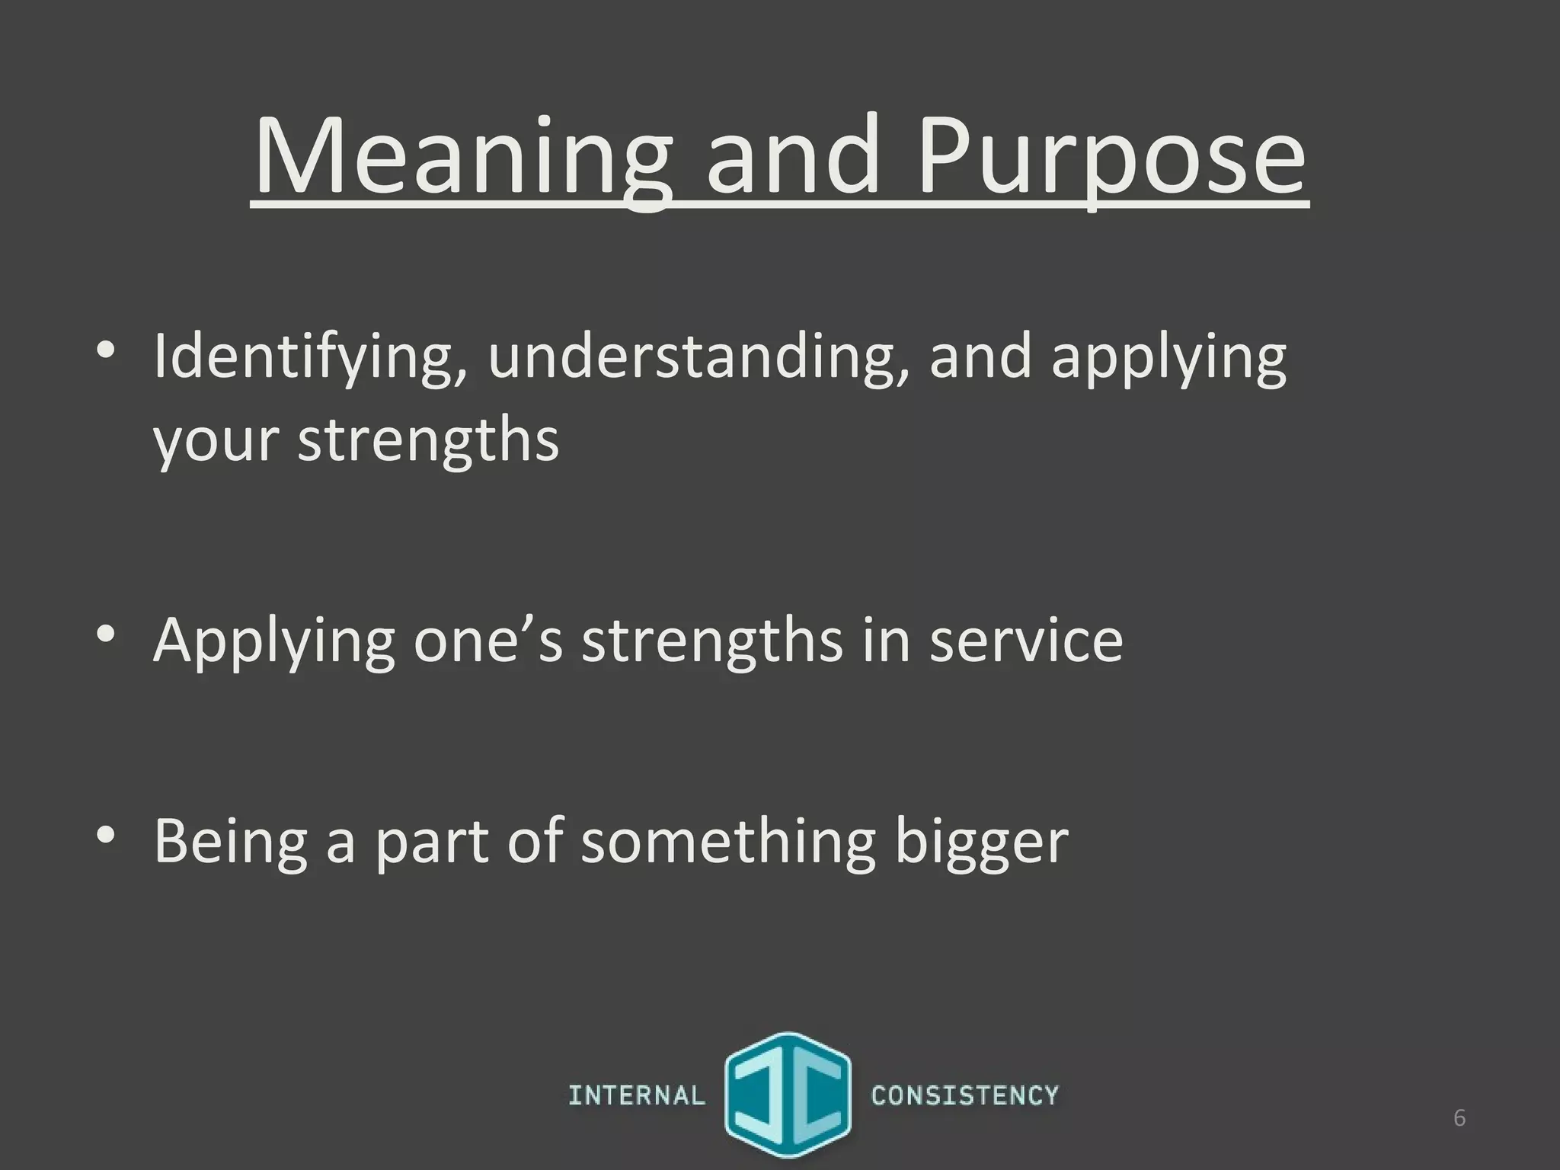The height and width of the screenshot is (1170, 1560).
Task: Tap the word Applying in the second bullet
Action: [x=274, y=640]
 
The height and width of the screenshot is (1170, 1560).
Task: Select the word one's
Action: [x=488, y=640]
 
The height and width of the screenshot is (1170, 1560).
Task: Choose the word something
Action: [x=728, y=841]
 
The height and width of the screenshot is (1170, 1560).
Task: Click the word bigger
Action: [x=982, y=841]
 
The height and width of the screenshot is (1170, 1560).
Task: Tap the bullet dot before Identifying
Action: [x=106, y=351]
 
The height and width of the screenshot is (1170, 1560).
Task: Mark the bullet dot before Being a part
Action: [x=106, y=835]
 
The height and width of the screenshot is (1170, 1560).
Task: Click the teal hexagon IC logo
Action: [x=788, y=1095]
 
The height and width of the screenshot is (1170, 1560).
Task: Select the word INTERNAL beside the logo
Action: [x=637, y=1095]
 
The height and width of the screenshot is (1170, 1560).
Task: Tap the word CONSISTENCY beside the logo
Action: [x=965, y=1095]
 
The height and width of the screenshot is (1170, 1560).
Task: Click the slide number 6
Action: [x=1459, y=1117]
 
